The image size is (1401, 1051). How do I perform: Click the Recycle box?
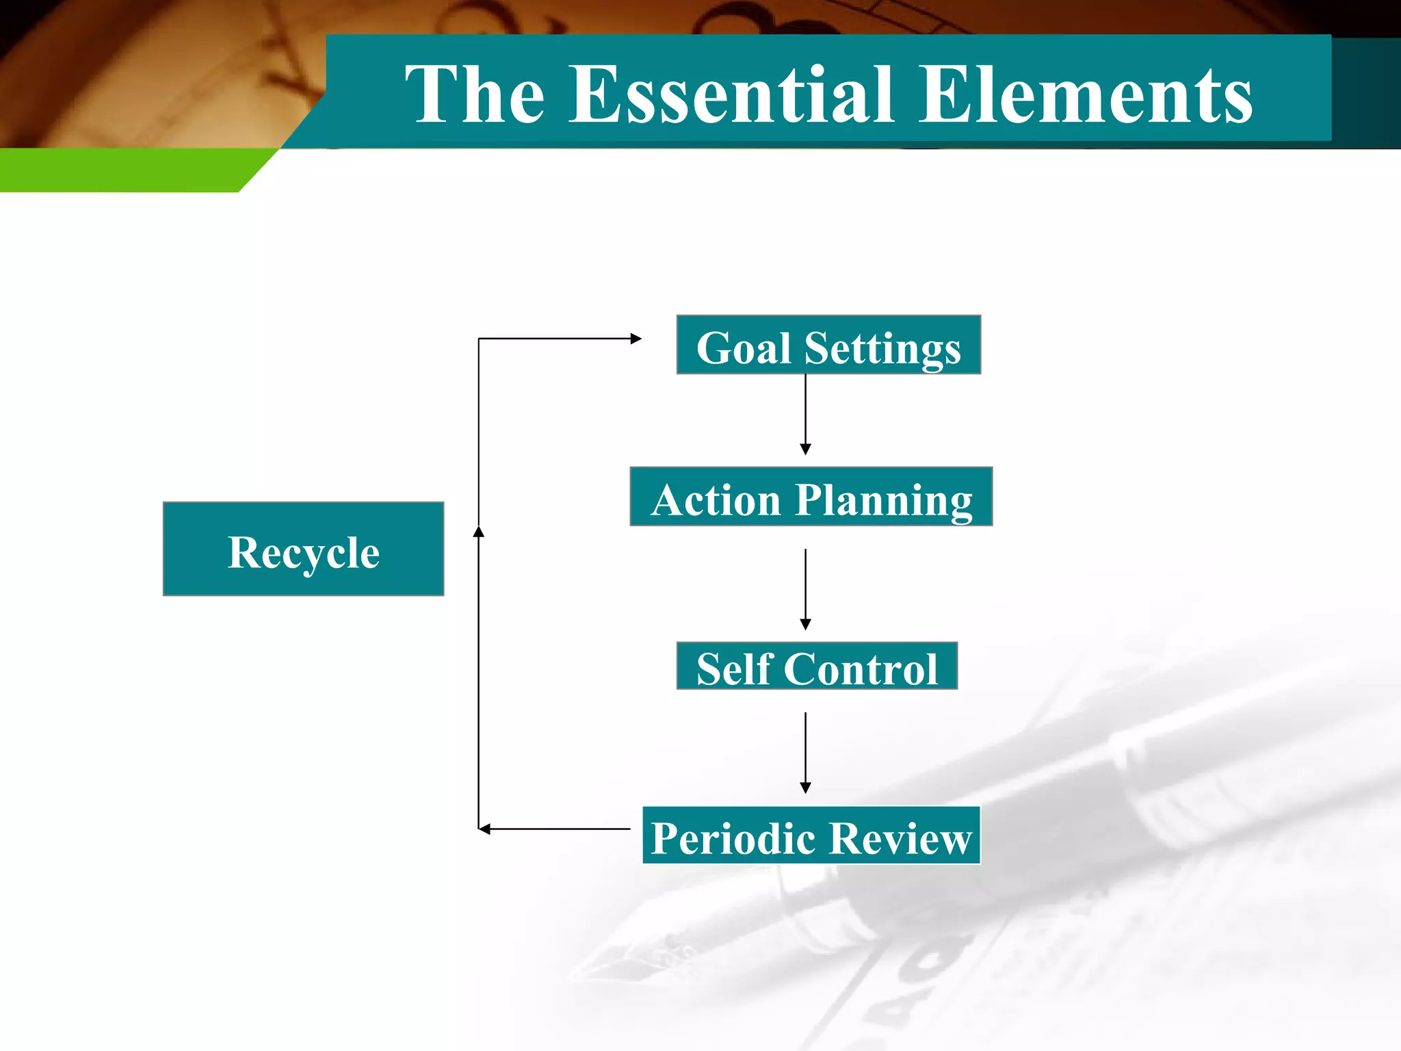(x=303, y=549)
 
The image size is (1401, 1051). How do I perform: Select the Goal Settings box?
(x=828, y=345)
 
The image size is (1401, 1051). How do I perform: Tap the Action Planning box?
(x=811, y=497)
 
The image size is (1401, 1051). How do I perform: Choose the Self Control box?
(x=817, y=666)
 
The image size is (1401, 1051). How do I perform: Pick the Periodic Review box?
(x=811, y=835)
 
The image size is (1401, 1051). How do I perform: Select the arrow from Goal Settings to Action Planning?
(x=805, y=414)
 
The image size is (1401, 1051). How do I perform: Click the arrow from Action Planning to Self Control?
(x=805, y=588)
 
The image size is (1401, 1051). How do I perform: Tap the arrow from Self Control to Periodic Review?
(x=805, y=753)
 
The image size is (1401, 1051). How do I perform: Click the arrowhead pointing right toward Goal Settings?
(x=636, y=338)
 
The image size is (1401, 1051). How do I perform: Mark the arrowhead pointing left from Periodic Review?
(x=484, y=829)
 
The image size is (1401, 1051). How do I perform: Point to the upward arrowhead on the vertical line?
(x=479, y=531)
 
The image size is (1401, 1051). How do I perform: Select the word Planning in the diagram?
(x=883, y=500)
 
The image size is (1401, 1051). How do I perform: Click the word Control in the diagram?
(x=861, y=669)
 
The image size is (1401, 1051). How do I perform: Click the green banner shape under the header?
(x=123, y=170)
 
